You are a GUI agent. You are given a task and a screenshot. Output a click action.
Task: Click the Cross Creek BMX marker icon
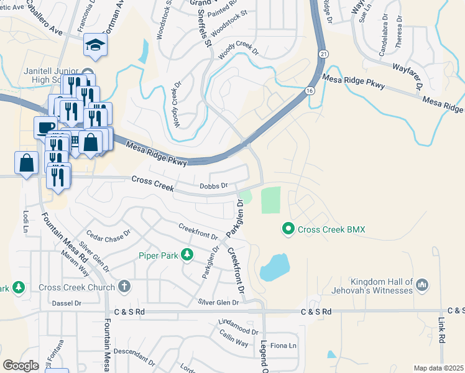[x=288, y=229]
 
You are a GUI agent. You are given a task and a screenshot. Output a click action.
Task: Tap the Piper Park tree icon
[x=186, y=254]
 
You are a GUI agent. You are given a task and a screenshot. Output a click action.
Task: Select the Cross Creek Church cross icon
[x=124, y=287]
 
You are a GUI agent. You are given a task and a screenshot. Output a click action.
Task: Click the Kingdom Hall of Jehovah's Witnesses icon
[x=422, y=285]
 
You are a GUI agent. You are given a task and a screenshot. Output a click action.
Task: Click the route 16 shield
[x=310, y=91]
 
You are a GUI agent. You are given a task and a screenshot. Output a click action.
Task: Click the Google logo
[x=21, y=366]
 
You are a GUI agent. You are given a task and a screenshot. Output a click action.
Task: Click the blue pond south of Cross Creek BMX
[x=275, y=268]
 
